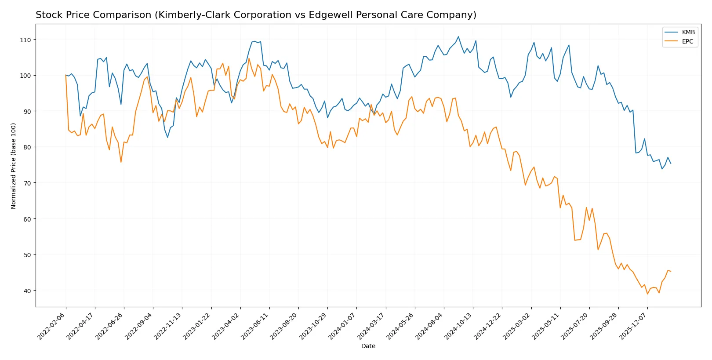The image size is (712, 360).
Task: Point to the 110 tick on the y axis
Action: pos(25,40)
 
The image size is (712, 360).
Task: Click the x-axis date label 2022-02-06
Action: pos(52,326)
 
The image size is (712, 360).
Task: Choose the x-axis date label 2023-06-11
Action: pos(255,326)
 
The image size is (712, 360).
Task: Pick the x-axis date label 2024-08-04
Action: pos(430,326)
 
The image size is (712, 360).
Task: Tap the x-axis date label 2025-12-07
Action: pos(633,326)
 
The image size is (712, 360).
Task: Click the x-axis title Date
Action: pos(368,346)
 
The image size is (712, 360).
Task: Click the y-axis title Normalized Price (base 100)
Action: pos(14,166)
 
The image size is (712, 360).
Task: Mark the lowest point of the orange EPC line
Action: pos(647,294)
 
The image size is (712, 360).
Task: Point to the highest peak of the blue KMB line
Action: pos(458,36)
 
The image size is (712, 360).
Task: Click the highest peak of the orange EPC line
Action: pos(249,58)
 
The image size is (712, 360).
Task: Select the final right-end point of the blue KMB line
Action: pos(671,164)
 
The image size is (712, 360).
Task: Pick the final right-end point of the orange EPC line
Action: pos(671,271)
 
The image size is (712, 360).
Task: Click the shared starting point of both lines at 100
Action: pos(66,75)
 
